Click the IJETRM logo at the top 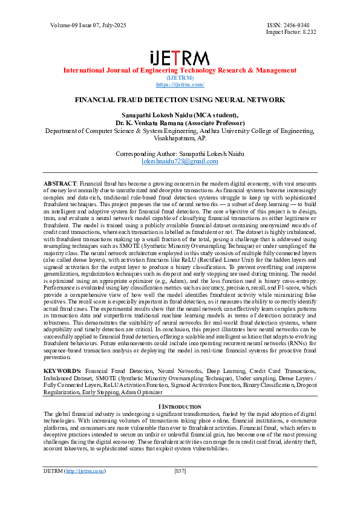(x=180, y=58)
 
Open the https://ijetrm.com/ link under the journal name (x=180, y=85)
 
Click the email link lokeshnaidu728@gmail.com (x=180, y=161)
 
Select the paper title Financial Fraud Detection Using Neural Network (x=180, y=99)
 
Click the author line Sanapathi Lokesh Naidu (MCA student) (x=180, y=115)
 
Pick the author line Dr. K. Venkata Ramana (x=180, y=122)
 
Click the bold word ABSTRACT (x=60, y=182)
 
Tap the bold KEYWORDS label (x=63, y=369)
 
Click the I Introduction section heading (x=180, y=406)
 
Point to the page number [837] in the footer (x=180, y=470)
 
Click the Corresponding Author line (x=180, y=154)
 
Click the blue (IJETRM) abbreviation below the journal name (x=180, y=78)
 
